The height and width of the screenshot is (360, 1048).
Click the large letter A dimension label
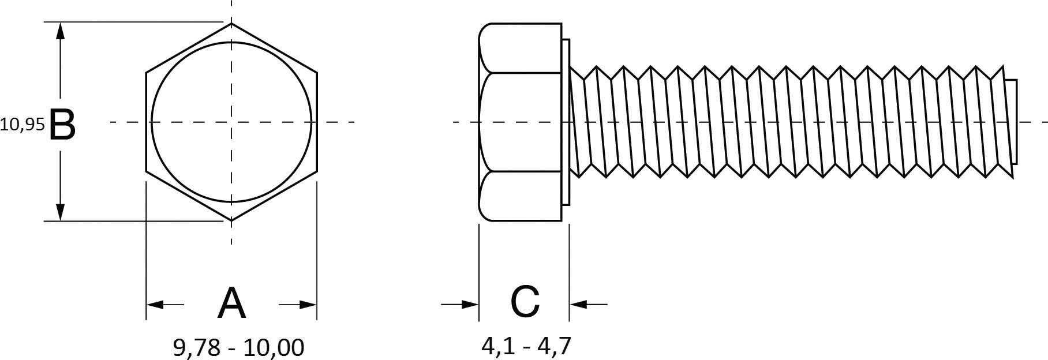tap(231, 303)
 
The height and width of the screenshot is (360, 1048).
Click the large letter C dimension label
tap(525, 302)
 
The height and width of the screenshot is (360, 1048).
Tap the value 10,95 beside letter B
tap(22, 125)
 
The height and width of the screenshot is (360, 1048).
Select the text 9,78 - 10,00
tap(238, 347)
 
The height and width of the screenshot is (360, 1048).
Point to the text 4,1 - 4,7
tap(526, 346)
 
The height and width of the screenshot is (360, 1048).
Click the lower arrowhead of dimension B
tap(60, 212)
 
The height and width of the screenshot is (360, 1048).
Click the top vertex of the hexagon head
tap(231, 24)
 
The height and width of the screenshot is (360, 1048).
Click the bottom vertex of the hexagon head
tap(231, 220)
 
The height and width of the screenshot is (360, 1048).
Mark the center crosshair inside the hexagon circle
tap(231, 122)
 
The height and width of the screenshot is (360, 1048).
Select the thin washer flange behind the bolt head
tap(566, 122)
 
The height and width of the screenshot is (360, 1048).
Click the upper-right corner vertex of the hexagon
tap(317, 73)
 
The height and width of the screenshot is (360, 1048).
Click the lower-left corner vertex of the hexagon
tap(146, 171)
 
